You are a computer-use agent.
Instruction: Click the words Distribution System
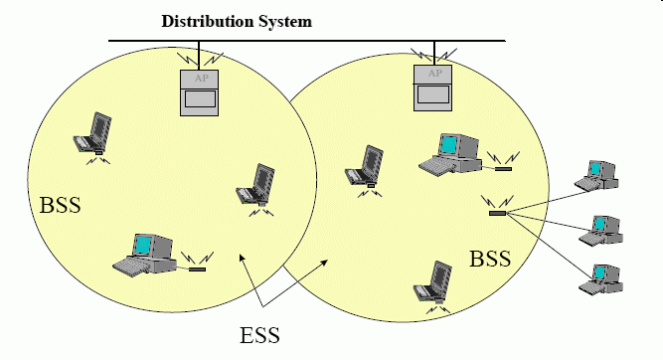coord(237,22)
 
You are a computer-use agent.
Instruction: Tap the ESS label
coord(259,335)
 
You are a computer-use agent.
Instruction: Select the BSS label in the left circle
coord(60,205)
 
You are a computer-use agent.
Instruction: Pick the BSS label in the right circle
coord(490,259)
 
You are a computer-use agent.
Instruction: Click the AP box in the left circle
coord(199,92)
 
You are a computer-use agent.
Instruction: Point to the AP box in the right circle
coord(432,88)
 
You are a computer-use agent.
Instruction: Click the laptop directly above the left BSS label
coord(92,133)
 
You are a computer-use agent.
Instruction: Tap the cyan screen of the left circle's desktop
coord(143,245)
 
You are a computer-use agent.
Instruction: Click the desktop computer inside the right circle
coord(450,153)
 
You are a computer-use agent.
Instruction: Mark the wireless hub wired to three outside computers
coord(498,213)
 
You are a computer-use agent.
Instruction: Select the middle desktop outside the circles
coord(600,231)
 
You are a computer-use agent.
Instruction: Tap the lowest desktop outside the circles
coord(600,279)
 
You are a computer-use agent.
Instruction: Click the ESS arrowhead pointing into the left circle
coord(242,257)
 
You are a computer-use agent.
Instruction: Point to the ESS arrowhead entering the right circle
coord(325,263)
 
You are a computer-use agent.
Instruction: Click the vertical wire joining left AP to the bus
coord(199,56)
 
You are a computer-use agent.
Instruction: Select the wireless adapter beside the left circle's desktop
coord(197,270)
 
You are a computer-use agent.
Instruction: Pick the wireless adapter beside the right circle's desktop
coord(503,169)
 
